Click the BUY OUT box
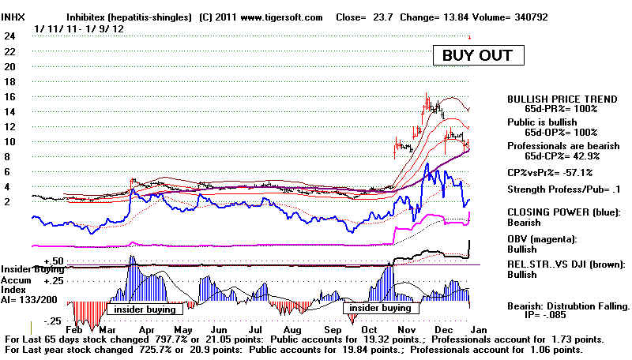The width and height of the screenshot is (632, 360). [x=479, y=55]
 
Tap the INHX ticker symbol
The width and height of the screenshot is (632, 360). [x=13, y=17]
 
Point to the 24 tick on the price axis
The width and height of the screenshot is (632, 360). [x=9, y=36]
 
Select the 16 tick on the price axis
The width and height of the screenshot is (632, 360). [x=9, y=96]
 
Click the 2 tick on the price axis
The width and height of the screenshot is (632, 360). [x=7, y=202]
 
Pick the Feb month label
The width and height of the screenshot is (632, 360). [x=73, y=330]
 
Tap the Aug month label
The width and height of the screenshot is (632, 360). [x=292, y=330]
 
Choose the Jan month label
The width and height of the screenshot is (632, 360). [x=479, y=330]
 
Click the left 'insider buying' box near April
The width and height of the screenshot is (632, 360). [x=145, y=309]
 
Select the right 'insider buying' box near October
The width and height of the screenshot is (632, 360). [x=381, y=308]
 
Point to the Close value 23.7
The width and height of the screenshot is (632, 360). [x=383, y=17]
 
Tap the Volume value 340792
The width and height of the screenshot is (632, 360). [x=531, y=17]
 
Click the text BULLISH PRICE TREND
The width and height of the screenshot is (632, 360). [x=562, y=99]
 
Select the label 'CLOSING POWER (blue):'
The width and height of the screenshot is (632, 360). [x=564, y=212]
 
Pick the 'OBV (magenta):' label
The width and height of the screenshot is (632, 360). [x=542, y=239]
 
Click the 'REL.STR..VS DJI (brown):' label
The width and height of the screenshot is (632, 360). [x=566, y=264]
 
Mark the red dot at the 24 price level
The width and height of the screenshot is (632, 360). [x=469, y=37]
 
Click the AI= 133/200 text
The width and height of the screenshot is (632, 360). [x=29, y=299]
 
